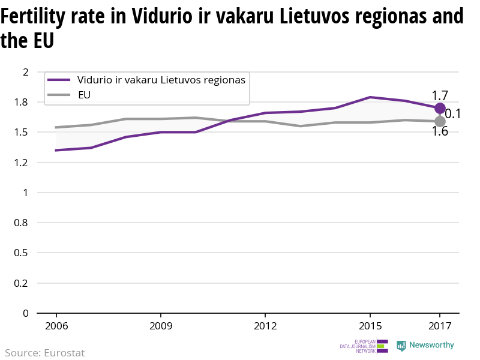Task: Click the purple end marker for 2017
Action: (x=440, y=108)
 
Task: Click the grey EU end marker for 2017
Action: (x=440, y=121)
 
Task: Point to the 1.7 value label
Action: (x=440, y=95)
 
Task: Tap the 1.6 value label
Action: (x=440, y=131)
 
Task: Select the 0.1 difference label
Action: (x=452, y=114)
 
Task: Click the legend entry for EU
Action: (x=84, y=95)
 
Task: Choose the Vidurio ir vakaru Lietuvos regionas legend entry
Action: (x=161, y=80)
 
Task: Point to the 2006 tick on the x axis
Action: (x=56, y=326)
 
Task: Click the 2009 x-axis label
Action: (x=161, y=326)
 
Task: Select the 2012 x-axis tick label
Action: (x=265, y=326)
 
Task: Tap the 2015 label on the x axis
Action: (x=370, y=326)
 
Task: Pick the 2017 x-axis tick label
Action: (x=440, y=326)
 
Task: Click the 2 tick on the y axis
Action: (x=26, y=72)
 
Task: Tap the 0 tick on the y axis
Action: (x=26, y=313)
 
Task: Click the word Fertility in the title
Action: (x=39, y=17)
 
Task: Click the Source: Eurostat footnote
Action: (x=45, y=353)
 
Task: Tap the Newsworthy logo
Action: (x=425, y=346)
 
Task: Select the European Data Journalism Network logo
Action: (x=364, y=346)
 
